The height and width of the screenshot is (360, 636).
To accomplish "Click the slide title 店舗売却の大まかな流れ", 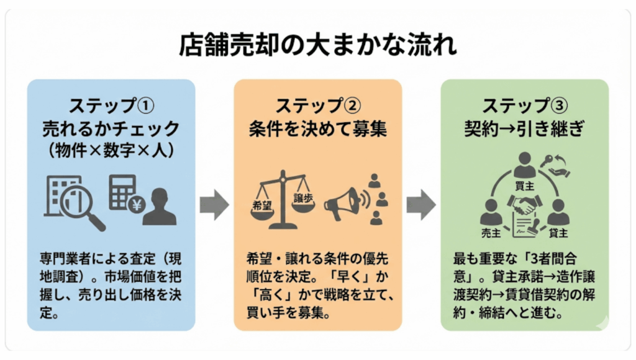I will tap(318, 46).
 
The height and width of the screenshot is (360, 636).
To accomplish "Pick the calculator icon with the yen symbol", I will tap(124, 192).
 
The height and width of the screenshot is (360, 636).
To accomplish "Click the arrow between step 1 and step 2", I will tap(214, 205).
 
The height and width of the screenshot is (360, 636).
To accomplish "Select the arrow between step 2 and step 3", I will tap(421, 205).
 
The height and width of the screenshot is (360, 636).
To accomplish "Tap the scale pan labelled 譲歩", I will tap(302, 197).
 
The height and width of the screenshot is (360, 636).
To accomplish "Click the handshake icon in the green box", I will tap(525, 204).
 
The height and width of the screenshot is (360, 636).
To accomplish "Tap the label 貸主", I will tap(558, 231).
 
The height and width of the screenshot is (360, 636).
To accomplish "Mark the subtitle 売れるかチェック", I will tap(110, 129).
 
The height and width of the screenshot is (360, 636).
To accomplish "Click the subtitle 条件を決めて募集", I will tap(317, 129).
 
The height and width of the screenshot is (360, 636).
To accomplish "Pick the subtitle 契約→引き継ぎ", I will tap(524, 129).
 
